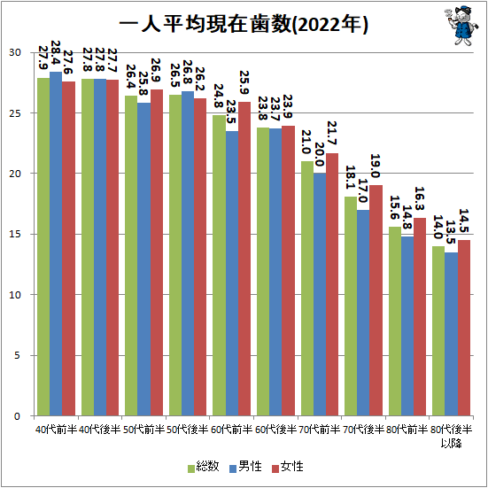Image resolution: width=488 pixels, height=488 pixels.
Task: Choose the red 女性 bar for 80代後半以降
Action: point(463,328)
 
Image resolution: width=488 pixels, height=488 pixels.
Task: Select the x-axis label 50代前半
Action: point(143,430)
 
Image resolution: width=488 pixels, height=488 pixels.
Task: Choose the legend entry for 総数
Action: point(203,466)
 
